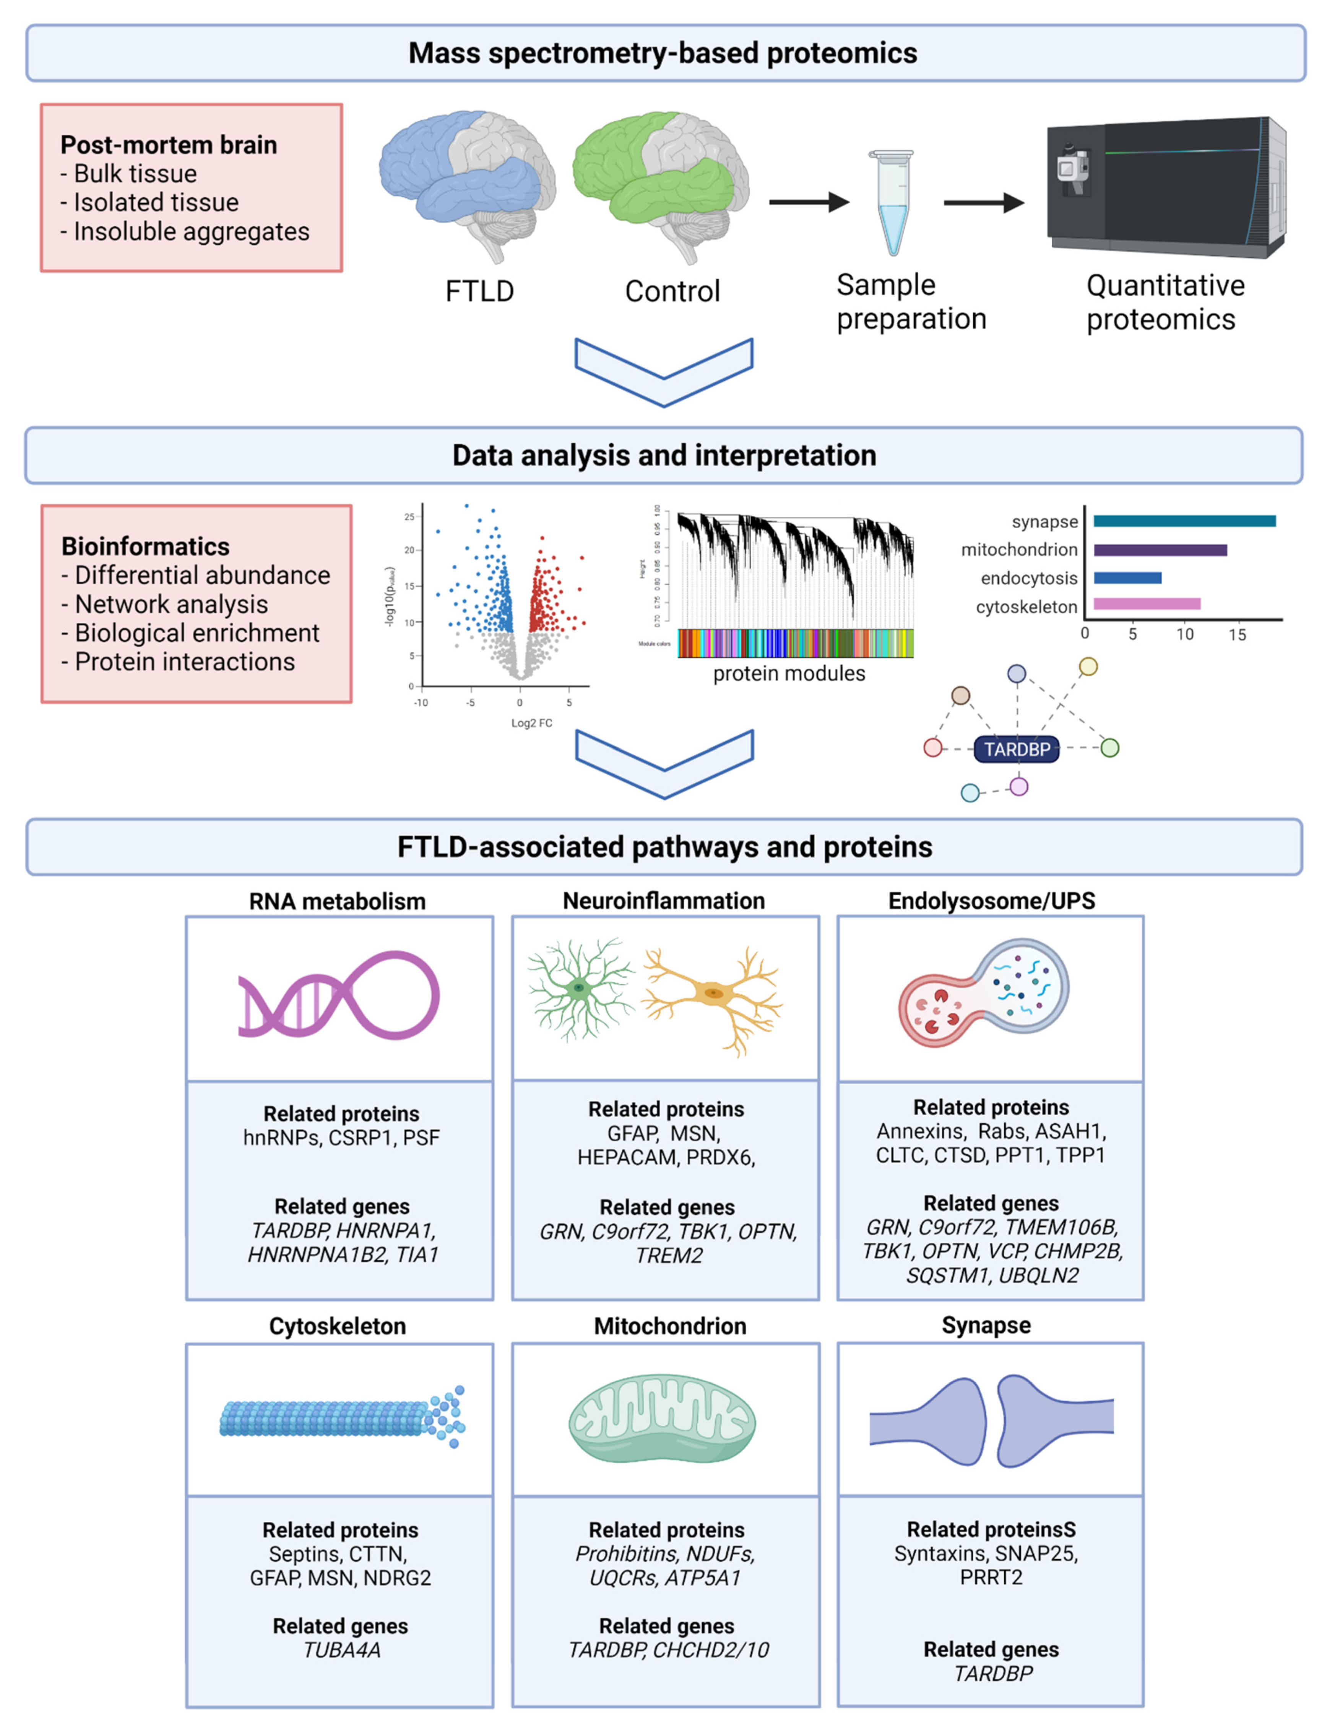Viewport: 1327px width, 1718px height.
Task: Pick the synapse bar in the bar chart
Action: click(1184, 521)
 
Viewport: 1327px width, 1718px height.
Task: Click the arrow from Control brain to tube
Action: click(808, 203)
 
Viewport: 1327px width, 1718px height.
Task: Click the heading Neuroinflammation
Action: click(664, 901)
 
